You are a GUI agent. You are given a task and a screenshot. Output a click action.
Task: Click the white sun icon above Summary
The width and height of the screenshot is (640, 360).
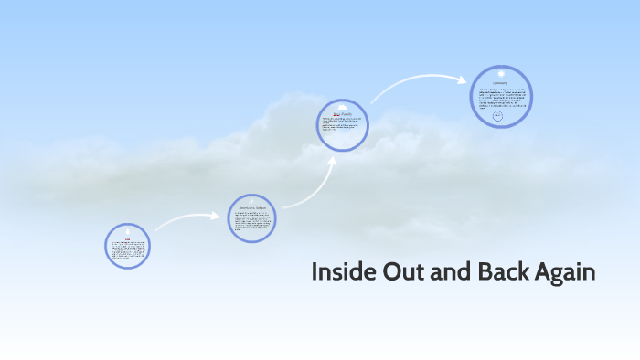click(502, 72)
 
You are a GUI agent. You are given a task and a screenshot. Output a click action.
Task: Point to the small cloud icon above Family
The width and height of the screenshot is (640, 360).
click(343, 107)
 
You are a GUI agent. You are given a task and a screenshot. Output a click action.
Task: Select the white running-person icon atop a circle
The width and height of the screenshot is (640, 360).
click(251, 200)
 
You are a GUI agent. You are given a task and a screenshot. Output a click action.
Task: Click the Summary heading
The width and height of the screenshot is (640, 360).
click(502, 82)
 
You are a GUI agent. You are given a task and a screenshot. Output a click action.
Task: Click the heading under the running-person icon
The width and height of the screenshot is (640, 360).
click(251, 207)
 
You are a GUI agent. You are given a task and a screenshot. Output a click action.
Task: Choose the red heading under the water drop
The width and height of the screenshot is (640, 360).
click(127, 237)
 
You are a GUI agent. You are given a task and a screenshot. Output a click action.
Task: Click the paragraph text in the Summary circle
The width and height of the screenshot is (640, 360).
click(502, 96)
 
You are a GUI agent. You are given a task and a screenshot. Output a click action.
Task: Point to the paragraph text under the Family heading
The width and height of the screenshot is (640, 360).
click(342, 125)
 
